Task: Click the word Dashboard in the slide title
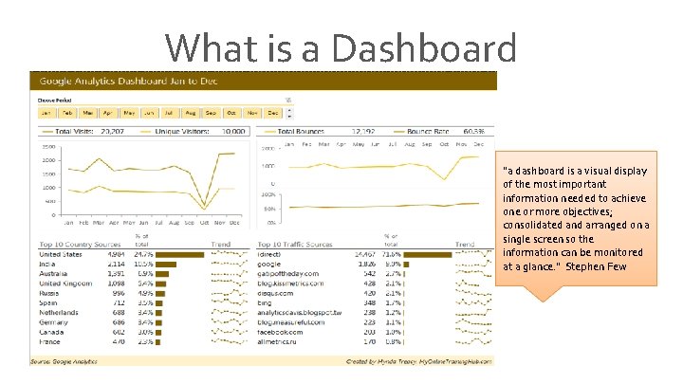[x=417, y=49]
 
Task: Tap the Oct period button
[x=231, y=113]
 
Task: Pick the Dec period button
[x=273, y=113]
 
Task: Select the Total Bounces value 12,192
[x=363, y=131]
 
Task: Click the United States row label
[x=62, y=254]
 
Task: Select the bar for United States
[x=179, y=254]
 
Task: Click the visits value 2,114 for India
[x=115, y=264]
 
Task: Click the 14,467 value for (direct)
[x=363, y=254]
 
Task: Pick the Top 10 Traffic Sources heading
[x=296, y=244]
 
